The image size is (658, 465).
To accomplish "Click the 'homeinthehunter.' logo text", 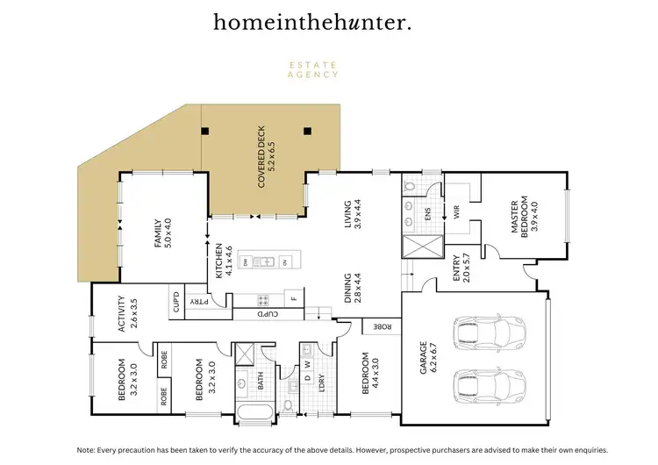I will tap(311, 23).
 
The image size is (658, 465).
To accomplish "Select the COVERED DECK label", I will tap(268, 168).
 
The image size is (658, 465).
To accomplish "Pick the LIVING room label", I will tap(353, 215).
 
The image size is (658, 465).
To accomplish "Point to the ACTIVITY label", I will tap(127, 314).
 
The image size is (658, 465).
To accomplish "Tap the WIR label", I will tap(456, 211).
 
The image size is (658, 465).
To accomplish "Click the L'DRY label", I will tap(322, 383).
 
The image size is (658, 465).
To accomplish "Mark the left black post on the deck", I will tap(204, 132).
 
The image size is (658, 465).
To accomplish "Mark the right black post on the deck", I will tap(307, 132).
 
